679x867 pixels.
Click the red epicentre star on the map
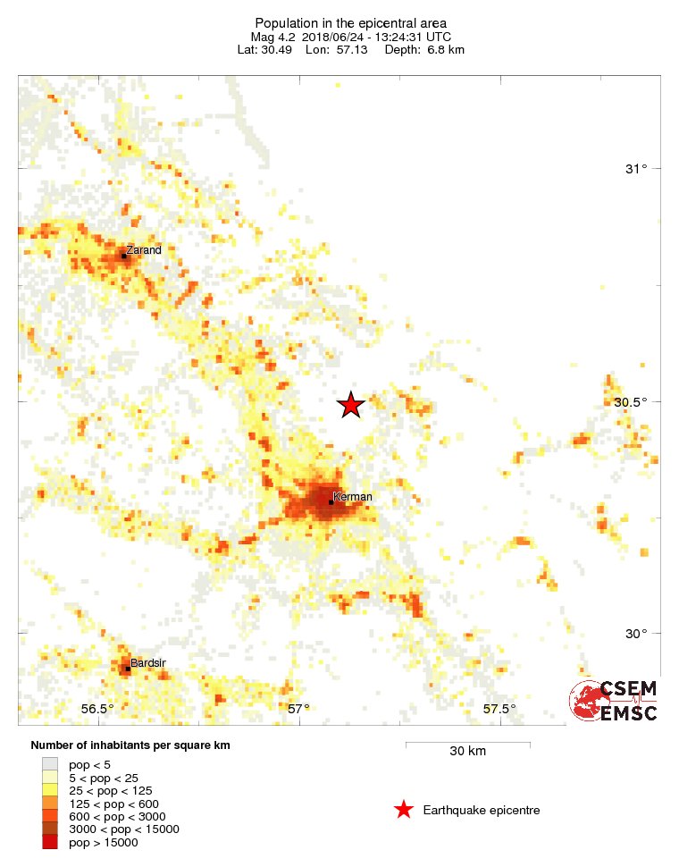351,405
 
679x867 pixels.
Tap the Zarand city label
144,250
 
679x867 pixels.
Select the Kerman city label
352,497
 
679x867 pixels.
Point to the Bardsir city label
148,663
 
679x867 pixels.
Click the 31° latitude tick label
636,169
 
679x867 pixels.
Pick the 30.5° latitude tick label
631,401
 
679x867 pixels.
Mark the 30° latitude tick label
636,634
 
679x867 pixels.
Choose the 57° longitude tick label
298,709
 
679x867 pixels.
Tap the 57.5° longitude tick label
499,709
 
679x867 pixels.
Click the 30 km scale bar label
467,751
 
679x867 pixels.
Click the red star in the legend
404,810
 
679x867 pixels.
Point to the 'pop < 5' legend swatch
50,764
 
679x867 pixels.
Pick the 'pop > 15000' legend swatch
50,841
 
